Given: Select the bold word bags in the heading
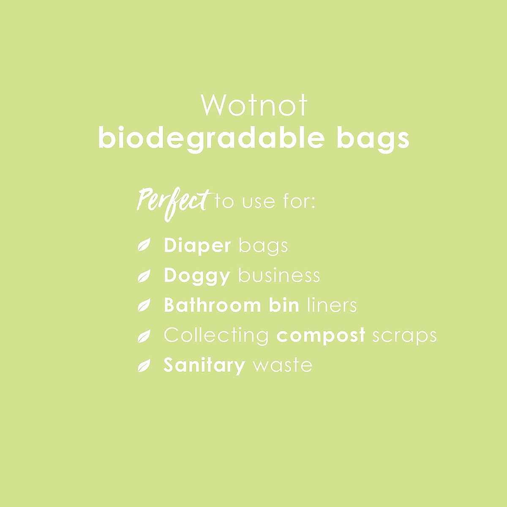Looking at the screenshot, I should pos(373,138).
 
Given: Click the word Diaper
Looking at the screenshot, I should pos(197,246).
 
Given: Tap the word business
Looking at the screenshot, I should pos(279,275).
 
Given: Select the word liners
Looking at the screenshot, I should pos(332,305).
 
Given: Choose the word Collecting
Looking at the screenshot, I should pos(216,335).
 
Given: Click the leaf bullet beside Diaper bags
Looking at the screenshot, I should pos(144,245).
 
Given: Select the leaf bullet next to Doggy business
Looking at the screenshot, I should pos(144,276).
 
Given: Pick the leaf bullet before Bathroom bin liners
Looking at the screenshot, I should pos(144,305).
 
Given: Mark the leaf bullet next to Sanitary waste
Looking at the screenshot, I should pos(144,366).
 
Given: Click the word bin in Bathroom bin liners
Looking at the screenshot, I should pos(284,305).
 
